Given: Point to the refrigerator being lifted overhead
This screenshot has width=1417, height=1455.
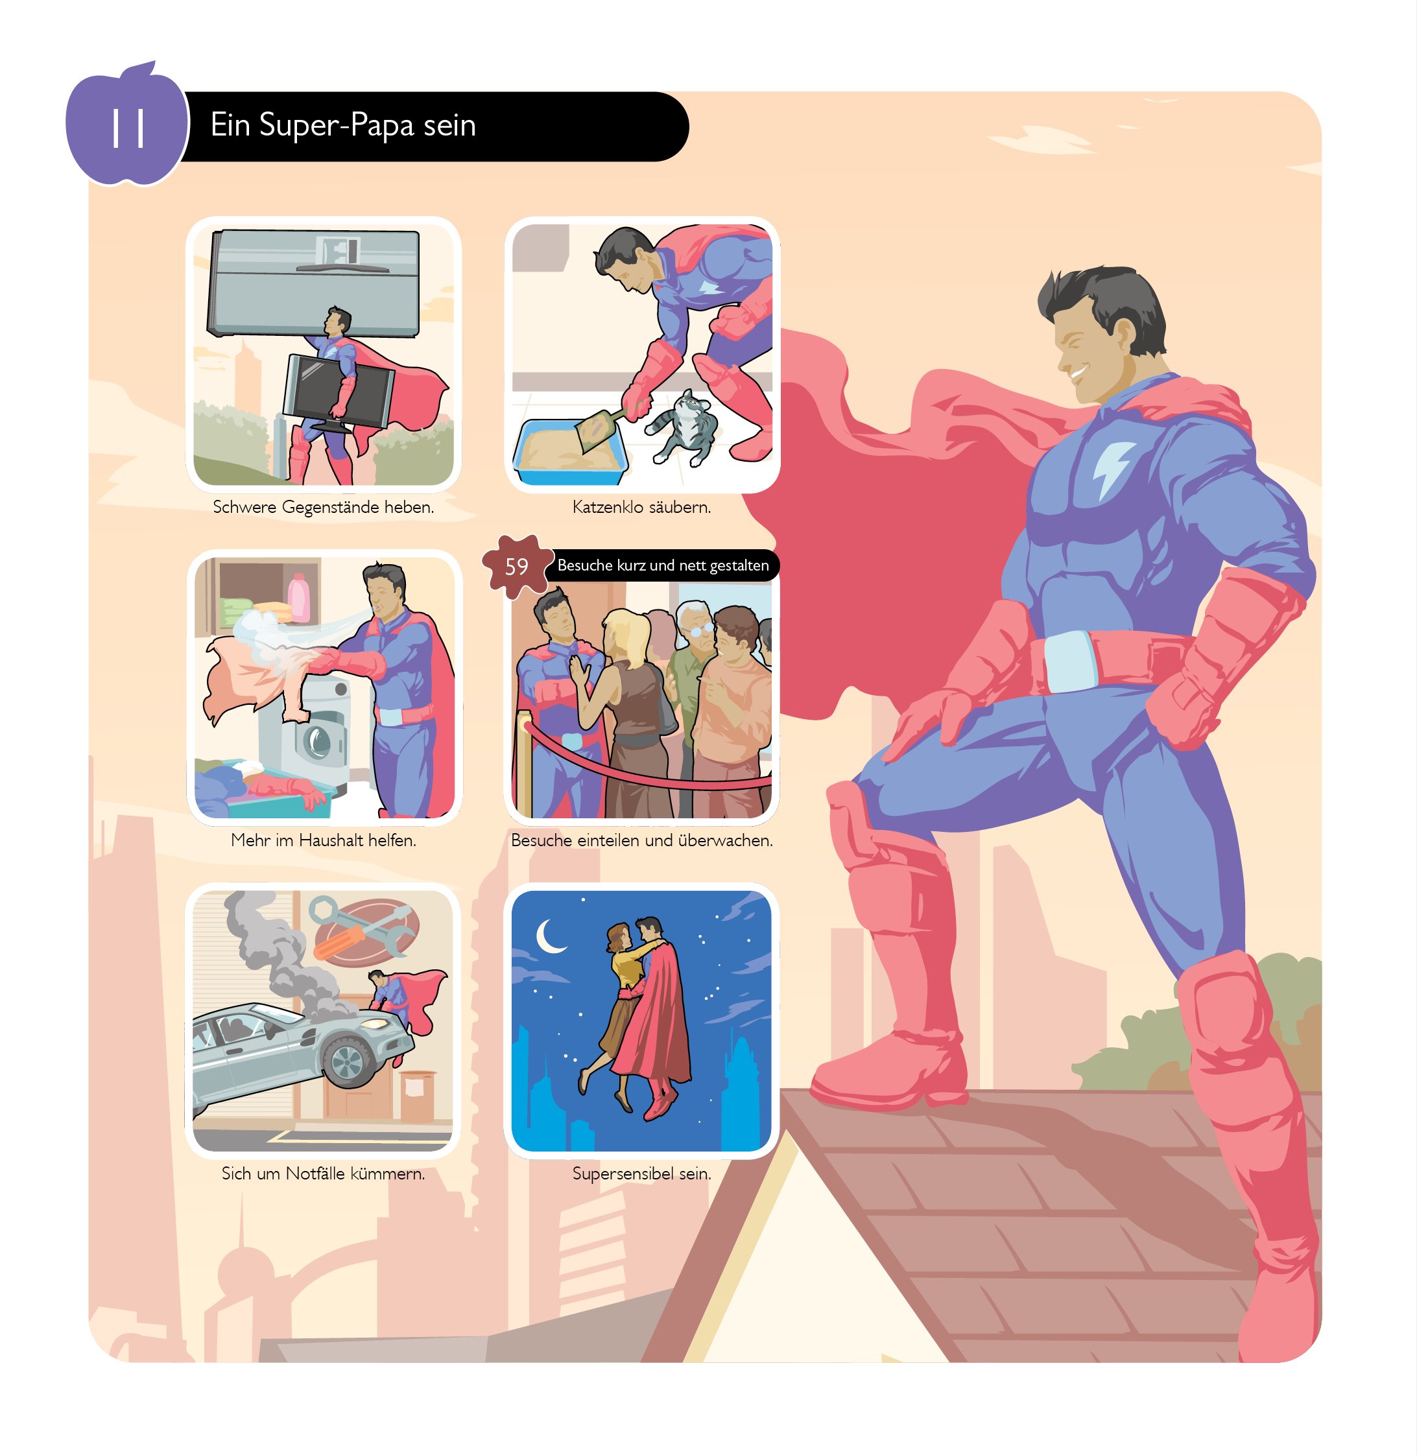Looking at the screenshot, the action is click(314, 282).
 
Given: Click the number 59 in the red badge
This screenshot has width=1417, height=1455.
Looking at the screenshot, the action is click(516, 566).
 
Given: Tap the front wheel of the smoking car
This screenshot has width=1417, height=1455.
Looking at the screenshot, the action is click(348, 1061).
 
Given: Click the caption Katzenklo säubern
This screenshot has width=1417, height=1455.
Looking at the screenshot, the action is click(641, 508).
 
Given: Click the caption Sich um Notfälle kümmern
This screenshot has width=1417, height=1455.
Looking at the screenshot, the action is click(323, 1174).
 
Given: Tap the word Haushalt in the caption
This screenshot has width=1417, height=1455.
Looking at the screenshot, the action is click(331, 840).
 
